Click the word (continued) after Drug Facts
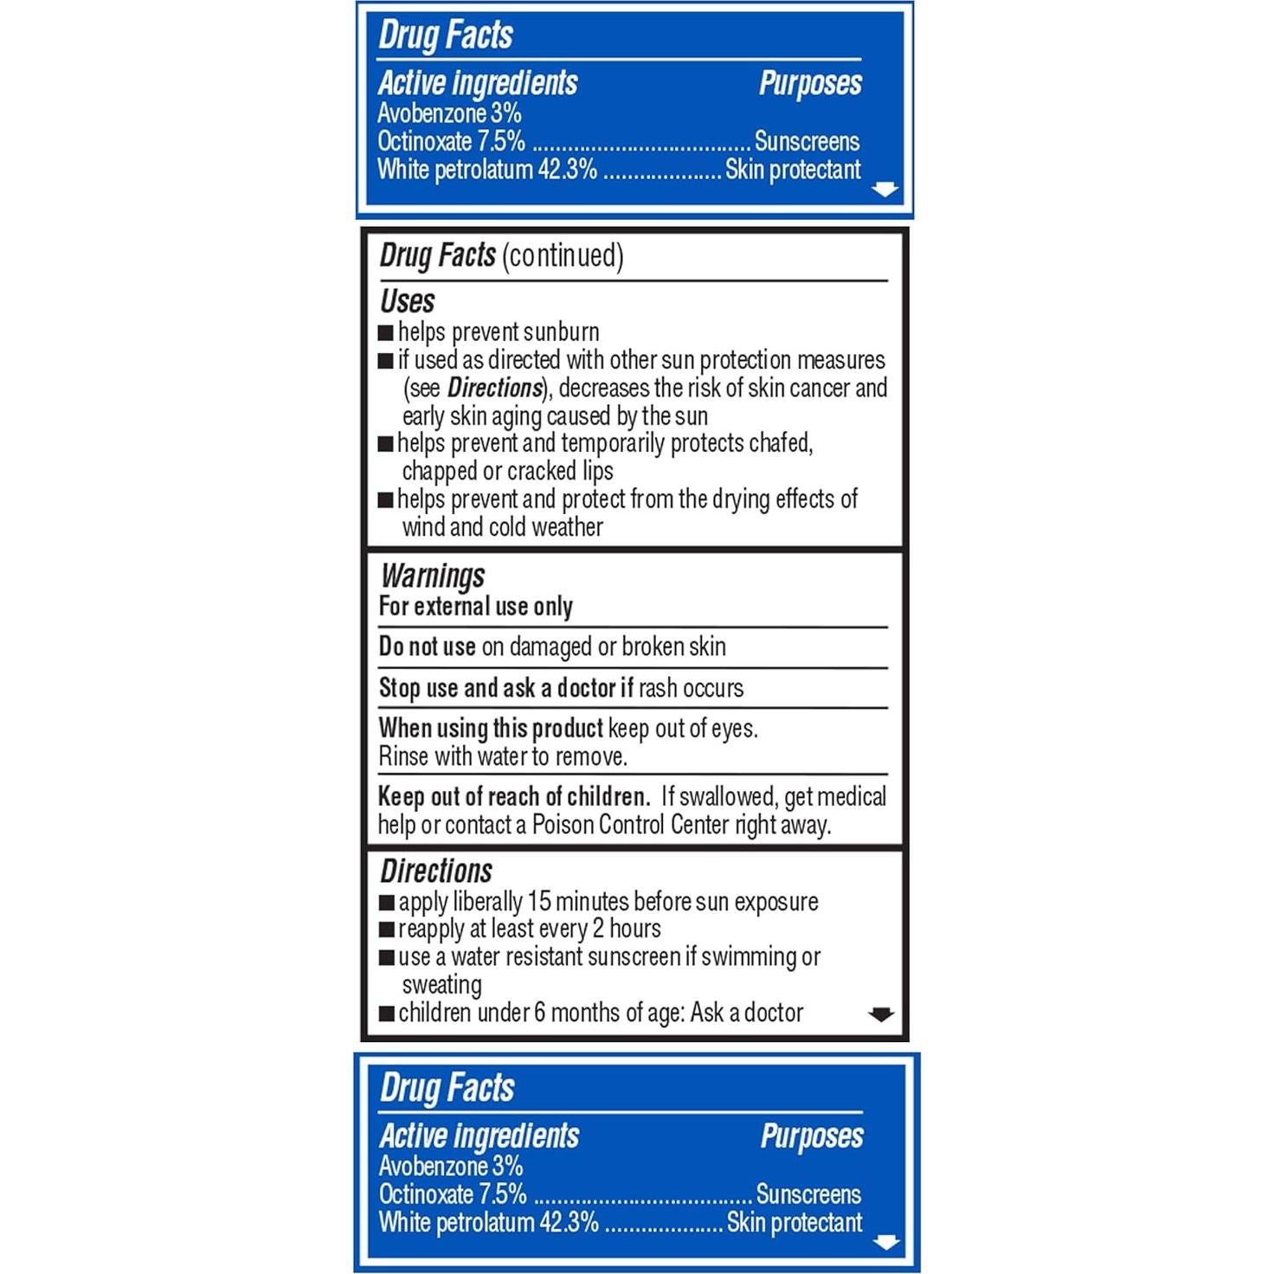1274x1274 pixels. (x=563, y=256)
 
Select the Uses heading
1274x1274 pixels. (x=407, y=301)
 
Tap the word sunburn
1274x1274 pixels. (x=562, y=332)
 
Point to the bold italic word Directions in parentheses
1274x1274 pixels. (x=494, y=388)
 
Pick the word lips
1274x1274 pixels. (x=597, y=472)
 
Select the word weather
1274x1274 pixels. (x=563, y=527)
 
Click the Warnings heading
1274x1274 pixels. (x=433, y=576)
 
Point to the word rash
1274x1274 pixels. (x=659, y=688)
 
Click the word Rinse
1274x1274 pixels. (x=403, y=757)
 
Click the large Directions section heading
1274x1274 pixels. (x=436, y=871)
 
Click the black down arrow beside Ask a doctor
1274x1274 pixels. (x=880, y=1014)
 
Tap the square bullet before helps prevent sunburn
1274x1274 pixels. (x=386, y=333)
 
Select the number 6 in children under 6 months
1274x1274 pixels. (x=539, y=1013)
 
